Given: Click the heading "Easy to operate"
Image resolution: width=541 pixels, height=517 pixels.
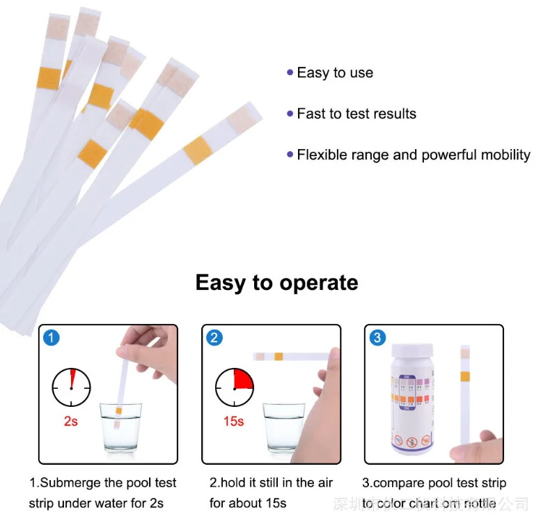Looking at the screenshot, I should (x=276, y=283).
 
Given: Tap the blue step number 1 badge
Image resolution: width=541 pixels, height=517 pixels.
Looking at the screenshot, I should (x=51, y=338).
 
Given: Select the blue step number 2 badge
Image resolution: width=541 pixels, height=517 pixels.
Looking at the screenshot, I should (x=214, y=338).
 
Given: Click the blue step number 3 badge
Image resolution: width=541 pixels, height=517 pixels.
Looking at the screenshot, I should (x=377, y=338).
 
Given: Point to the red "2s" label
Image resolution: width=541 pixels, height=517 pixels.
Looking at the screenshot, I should (x=70, y=422).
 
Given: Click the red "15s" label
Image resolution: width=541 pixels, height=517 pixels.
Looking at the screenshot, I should (x=235, y=422).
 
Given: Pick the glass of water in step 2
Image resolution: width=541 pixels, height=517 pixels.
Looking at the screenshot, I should (x=284, y=427).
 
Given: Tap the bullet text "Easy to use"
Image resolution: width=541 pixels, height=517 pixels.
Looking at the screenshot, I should (x=335, y=72).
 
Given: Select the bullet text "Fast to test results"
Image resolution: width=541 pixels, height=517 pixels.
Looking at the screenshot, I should (x=356, y=114).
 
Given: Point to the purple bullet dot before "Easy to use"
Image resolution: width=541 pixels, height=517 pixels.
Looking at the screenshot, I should (x=290, y=72).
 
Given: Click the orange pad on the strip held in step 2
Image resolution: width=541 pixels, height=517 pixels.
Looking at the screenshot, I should (x=279, y=357).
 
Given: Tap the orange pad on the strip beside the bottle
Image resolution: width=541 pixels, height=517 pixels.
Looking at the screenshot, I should (x=465, y=377).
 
